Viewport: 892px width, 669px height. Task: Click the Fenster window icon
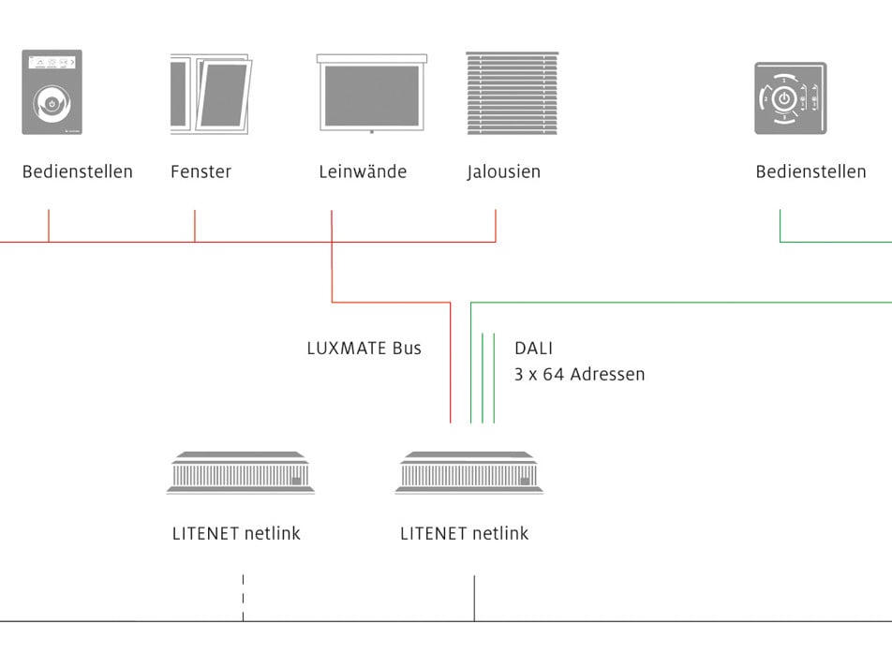click(209, 94)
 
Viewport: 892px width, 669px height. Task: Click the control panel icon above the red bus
click(52, 92)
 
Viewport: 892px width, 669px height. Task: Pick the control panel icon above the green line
click(790, 97)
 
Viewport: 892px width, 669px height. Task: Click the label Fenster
click(201, 171)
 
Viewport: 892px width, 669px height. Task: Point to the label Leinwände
click(363, 171)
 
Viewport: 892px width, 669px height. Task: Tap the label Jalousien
click(504, 171)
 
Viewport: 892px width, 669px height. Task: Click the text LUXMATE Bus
click(364, 349)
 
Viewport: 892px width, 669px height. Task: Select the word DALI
click(533, 349)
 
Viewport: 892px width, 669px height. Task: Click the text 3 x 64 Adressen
click(579, 375)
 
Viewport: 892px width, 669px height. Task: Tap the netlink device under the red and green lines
click(470, 472)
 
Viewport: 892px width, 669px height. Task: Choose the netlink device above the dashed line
click(241, 472)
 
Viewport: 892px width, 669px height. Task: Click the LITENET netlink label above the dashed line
click(236, 534)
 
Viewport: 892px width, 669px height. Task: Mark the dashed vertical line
click(243, 597)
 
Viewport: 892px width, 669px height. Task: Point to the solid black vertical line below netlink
click(474, 598)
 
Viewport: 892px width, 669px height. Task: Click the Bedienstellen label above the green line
click(810, 171)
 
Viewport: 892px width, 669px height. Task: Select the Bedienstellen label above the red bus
click(78, 171)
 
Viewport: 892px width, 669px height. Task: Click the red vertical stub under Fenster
click(195, 226)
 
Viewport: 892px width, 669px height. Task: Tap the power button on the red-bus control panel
click(52, 102)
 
